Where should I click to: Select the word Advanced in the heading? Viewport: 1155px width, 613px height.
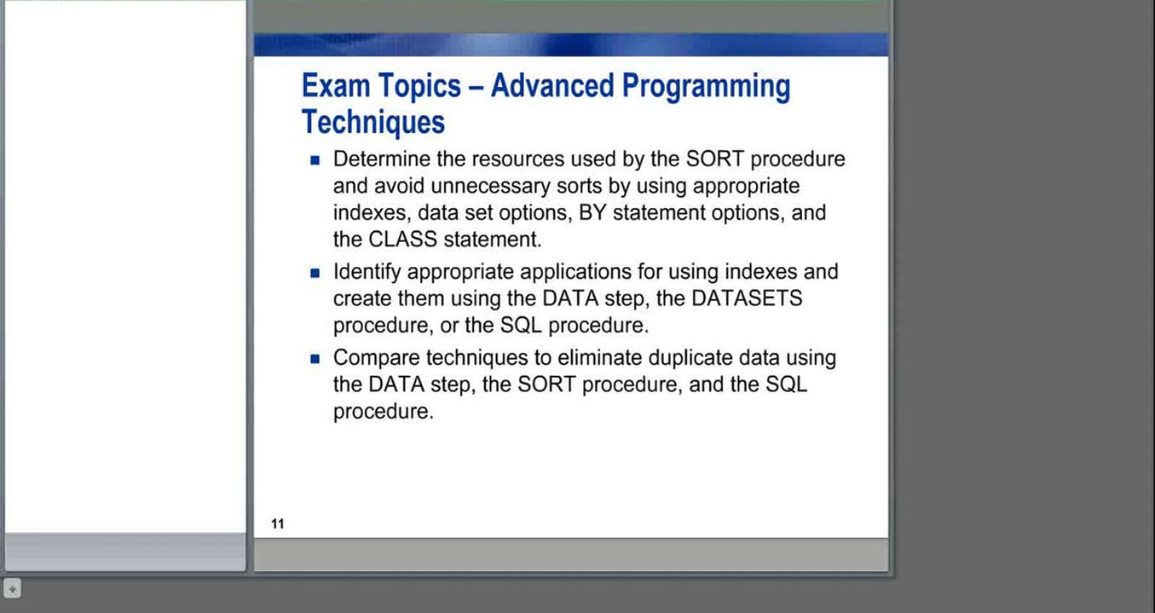552,86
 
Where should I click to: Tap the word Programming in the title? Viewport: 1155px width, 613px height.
706,87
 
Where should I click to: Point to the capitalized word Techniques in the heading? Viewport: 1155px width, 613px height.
373,123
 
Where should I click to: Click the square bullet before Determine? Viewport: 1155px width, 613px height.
315,160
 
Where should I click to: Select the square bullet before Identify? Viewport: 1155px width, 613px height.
315,273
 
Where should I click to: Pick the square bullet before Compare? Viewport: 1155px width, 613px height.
315,359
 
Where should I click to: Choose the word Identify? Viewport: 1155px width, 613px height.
367,272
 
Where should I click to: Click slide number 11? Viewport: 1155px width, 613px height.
278,523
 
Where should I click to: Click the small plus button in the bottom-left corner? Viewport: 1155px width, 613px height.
12,588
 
